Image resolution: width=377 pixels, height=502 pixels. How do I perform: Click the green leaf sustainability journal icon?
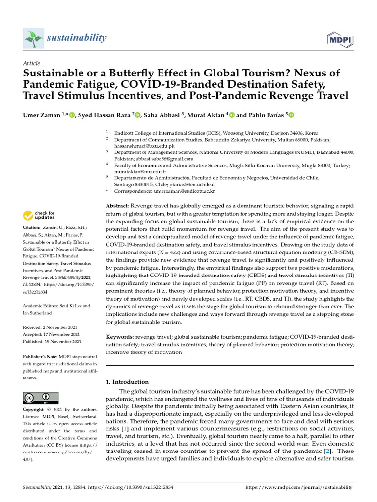pyautogui.click(x=33, y=38)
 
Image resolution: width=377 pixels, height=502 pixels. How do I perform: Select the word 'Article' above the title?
pyautogui.click(x=31, y=63)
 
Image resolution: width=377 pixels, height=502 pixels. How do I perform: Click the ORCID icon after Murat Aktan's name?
pyautogui.click(x=232, y=115)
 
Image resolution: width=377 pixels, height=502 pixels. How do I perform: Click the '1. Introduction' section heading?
pyautogui.click(x=127, y=382)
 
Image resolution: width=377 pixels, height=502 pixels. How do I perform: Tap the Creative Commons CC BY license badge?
pyautogui.click(x=40, y=398)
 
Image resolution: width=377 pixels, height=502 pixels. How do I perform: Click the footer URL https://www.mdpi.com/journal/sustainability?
pyautogui.click(x=298, y=487)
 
